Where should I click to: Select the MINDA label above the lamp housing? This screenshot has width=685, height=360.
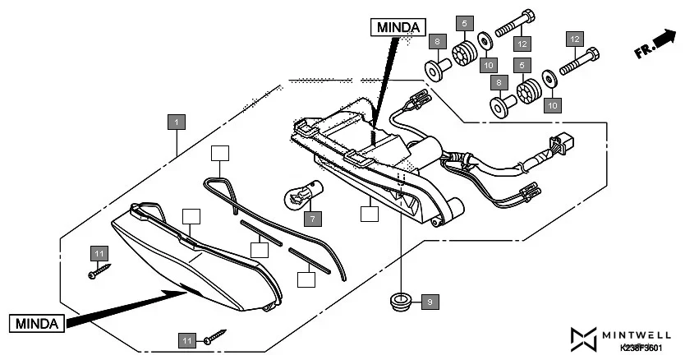tap(398, 27)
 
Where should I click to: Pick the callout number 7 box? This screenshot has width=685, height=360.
tap(311, 219)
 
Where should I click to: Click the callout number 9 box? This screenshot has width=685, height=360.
tap(429, 302)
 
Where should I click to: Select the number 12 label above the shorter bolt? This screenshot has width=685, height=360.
tap(574, 39)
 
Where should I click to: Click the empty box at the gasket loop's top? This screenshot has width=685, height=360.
tap(218, 153)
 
